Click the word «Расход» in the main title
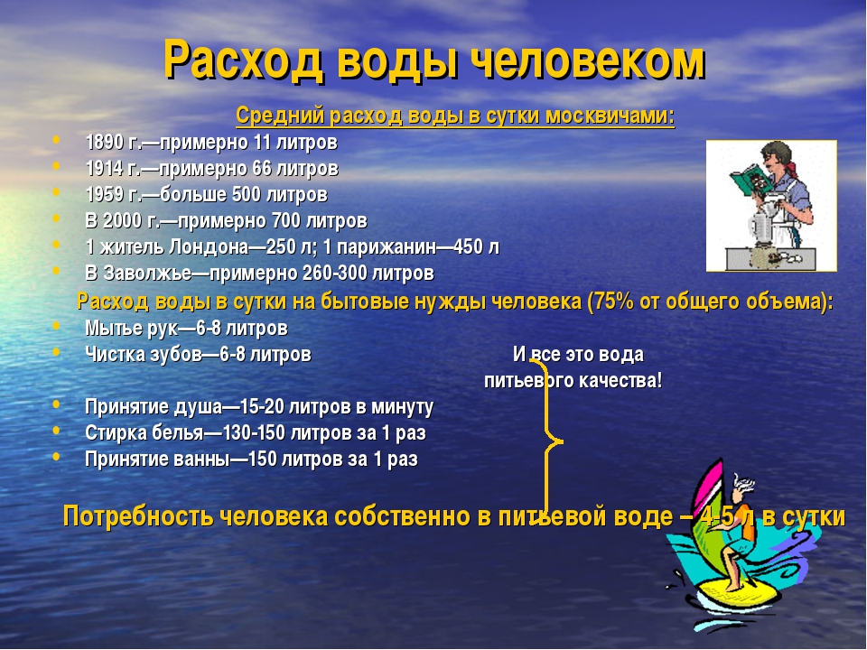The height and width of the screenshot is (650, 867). [x=243, y=60]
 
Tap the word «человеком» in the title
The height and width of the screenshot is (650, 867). [x=588, y=59]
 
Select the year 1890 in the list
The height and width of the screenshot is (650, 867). [x=105, y=142]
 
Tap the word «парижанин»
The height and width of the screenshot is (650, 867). [x=387, y=247]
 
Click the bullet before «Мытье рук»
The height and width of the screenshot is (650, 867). [x=56, y=326]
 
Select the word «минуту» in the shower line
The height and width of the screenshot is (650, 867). [x=402, y=407]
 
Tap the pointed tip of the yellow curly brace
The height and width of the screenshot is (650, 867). [x=562, y=441]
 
